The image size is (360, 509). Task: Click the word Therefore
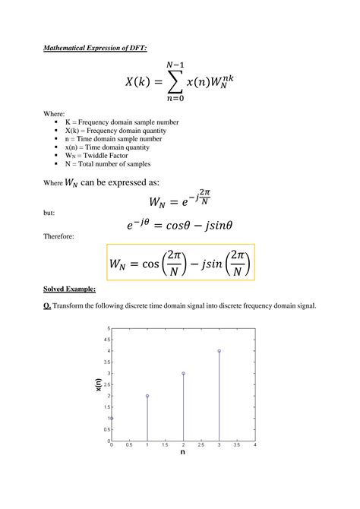[x=58, y=236]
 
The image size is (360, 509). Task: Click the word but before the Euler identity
[x=49, y=213]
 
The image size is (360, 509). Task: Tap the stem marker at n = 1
[x=147, y=396]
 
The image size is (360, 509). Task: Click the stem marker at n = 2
[x=183, y=373]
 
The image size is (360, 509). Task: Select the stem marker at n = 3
[x=219, y=351]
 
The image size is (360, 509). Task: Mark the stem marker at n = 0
[x=112, y=418]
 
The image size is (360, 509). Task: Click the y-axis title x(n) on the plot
[x=98, y=385]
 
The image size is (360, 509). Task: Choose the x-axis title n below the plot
[x=183, y=452]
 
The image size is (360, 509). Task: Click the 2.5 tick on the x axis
[x=201, y=444]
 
